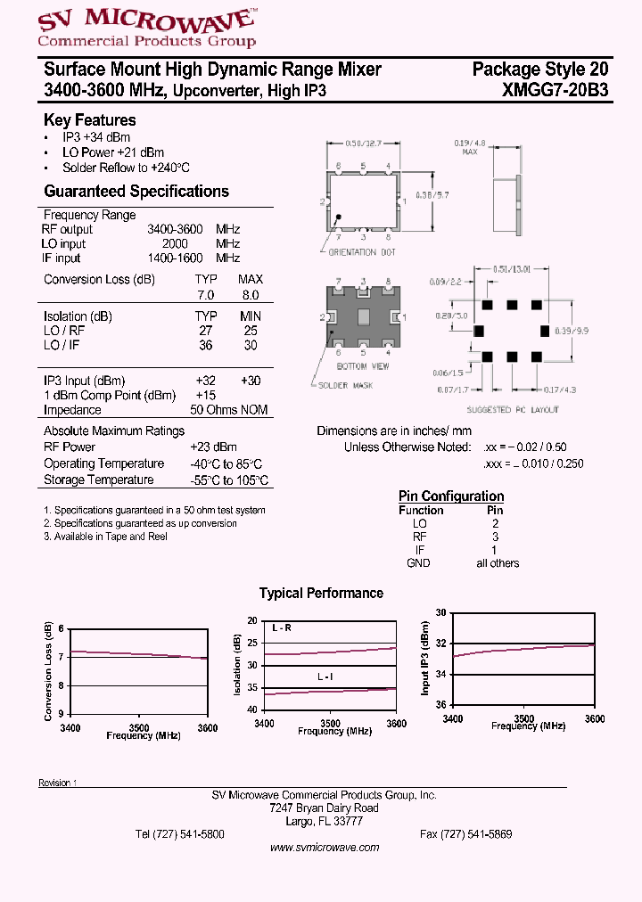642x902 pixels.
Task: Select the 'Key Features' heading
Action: tap(90, 120)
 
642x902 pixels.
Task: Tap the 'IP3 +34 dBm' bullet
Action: tap(95, 137)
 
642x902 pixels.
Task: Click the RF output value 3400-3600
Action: tap(175, 229)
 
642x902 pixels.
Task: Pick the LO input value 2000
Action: tap(175, 243)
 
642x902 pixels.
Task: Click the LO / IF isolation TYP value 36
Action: tap(206, 345)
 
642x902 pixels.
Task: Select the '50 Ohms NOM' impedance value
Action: tap(229, 410)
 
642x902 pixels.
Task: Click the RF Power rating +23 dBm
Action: tap(213, 447)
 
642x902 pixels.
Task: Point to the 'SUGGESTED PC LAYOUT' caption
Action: tap(513, 410)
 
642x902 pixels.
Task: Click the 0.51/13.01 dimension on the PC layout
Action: tap(513, 267)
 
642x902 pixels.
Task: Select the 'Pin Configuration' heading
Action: tap(450, 496)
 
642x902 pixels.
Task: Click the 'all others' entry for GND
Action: tap(497, 562)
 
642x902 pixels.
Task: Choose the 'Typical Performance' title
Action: tap(321, 593)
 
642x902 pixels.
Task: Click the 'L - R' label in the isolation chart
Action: tap(282, 628)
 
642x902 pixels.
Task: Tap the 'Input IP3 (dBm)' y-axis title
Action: tap(426, 658)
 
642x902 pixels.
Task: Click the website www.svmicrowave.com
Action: tap(325, 848)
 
